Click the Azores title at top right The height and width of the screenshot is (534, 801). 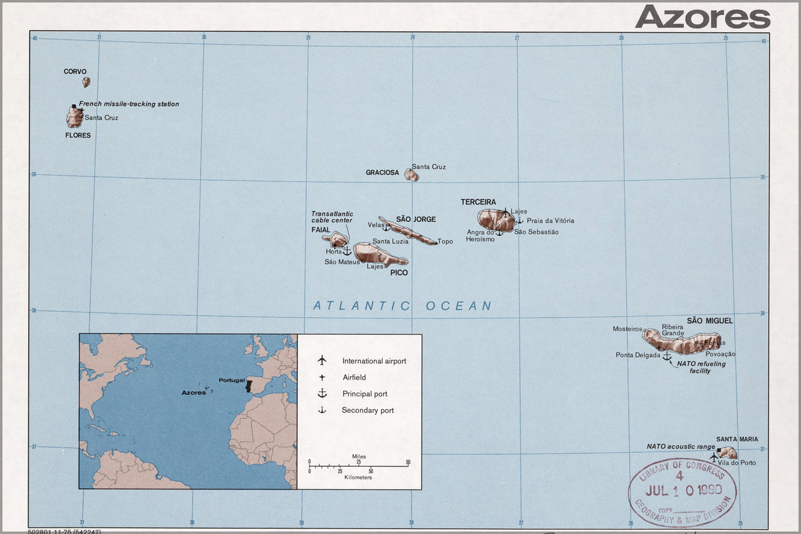pos(703,17)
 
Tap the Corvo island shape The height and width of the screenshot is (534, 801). pos(86,82)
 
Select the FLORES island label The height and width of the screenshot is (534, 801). pos(78,136)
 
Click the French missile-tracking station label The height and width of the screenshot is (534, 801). pos(129,104)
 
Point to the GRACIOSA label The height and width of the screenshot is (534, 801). pos(382,172)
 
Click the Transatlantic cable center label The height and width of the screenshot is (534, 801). pos(332,217)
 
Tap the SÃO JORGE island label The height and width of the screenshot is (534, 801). pos(416,219)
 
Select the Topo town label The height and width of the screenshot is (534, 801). pos(445,242)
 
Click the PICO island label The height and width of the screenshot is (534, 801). pos(399,273)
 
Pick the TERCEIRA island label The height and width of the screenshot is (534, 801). pos(478,202)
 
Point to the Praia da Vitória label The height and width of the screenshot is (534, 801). pos(550,221)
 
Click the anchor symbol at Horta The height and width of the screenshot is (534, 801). pos(347,250)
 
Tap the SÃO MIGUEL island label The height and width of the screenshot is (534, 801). pos(710,321)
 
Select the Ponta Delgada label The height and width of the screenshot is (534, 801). pos(638,355)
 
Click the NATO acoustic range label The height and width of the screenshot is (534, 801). pos(680,446)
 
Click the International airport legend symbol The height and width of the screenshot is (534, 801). pos(322,360)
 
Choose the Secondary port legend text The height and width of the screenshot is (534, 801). pos(368,411)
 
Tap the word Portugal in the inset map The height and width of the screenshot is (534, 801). pos(231,380)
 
